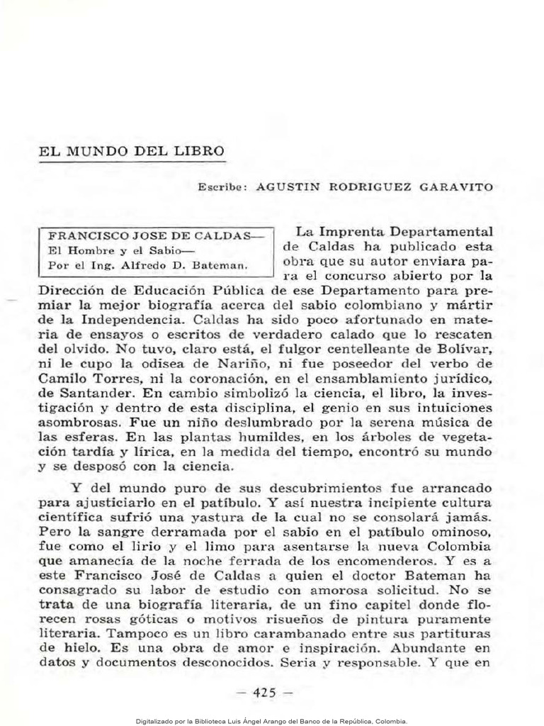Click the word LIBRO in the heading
pos(201,151)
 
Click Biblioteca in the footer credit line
pos(205,720)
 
